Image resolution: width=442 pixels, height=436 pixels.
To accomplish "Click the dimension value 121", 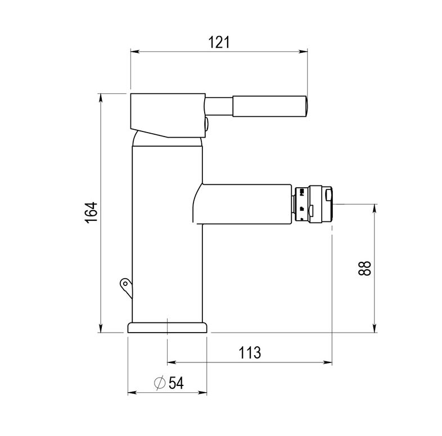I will pos(219,42).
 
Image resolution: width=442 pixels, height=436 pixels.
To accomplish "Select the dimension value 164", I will pos(92,212).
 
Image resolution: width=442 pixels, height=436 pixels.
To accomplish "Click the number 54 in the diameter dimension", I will pos(175,383).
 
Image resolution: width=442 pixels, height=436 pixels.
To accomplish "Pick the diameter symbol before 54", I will pos(159,383).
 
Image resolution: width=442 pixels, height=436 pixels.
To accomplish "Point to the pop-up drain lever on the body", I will pos(125,285).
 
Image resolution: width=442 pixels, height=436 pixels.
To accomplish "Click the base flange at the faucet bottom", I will pos(167,328).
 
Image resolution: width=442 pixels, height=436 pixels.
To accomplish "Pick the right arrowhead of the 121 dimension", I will pos(305,52).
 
